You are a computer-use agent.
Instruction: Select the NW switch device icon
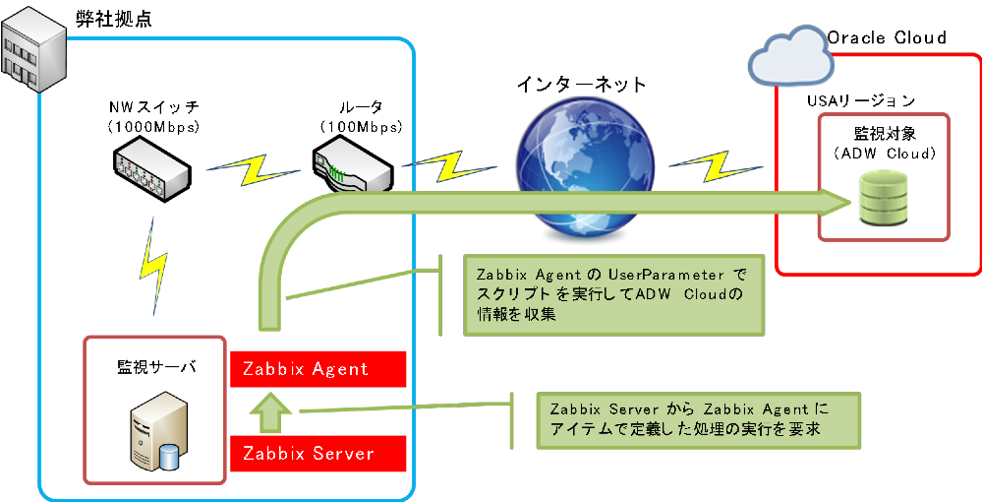click(149, 169)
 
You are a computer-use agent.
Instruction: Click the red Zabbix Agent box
click(318, 369)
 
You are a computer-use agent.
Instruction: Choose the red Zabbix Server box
click(318, 454)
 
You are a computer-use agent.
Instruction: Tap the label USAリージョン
click(861, 100)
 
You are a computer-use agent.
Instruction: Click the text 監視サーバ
click(156, 367)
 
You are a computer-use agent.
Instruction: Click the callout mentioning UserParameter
click(613, 293)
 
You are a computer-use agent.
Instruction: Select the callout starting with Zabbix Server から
click(698, 418)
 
